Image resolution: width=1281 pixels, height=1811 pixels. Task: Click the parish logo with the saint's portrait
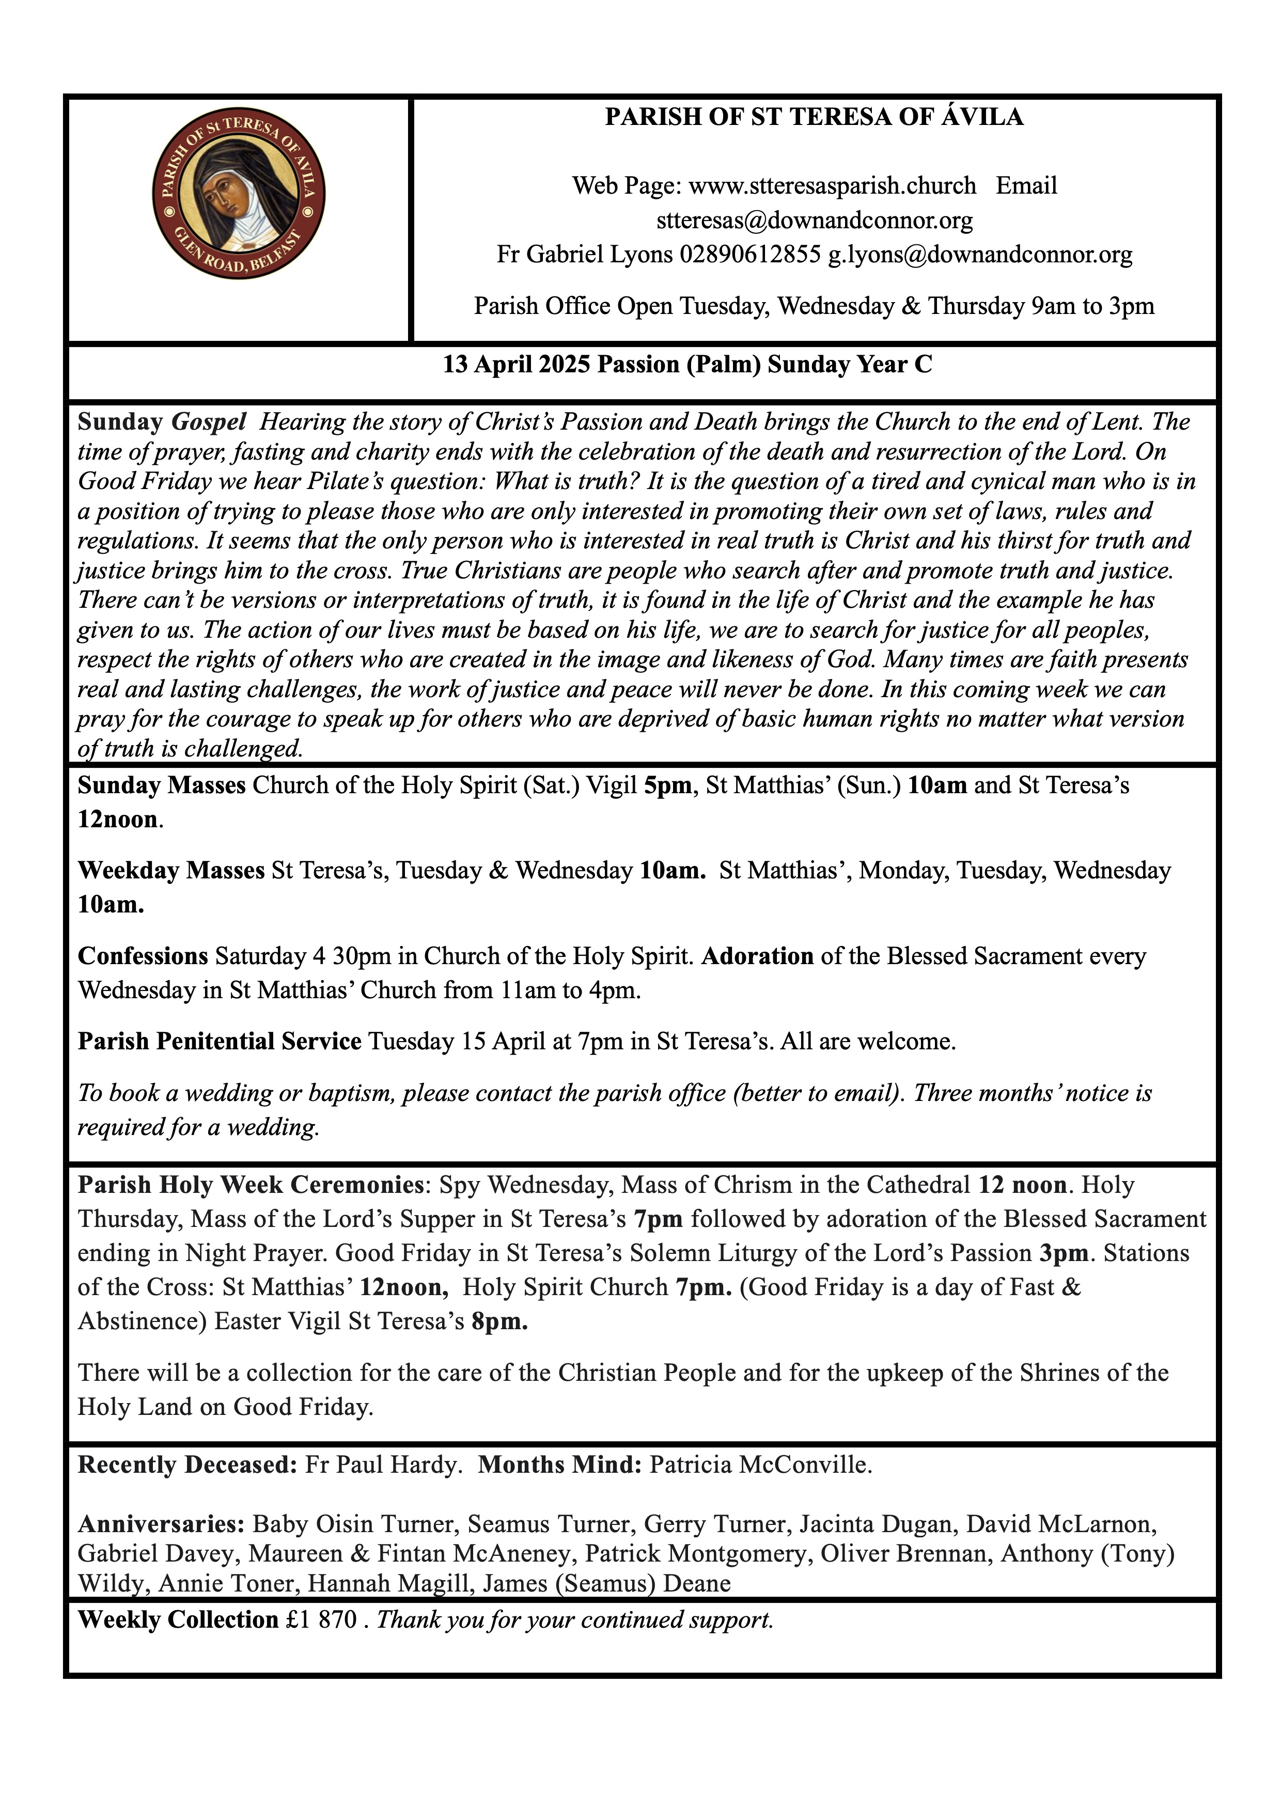pyautogui.click(x=238, y=194)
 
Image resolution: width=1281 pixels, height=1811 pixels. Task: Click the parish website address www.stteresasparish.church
pyautogui.click(x=832, y=186)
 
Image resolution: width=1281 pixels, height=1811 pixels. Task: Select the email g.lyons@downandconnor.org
pyautogui.click(x=980, y=255)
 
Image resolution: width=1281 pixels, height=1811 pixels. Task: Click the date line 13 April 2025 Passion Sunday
pyautogui.click(x=687, y=365)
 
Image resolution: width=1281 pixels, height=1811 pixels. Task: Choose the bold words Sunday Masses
pyautogui.click(x=162, y=785)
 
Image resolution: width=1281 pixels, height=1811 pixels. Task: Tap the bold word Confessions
pyautogui.click(x=143, y=956)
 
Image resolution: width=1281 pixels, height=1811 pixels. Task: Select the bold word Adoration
pyautogui.click(x=757, y=956)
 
